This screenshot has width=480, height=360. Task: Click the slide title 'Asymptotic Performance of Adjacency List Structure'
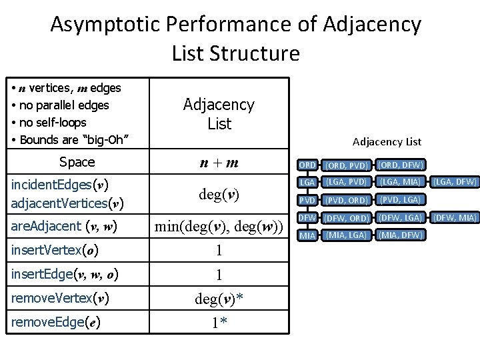coord(236,38)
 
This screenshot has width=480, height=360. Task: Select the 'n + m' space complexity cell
coord(219,163)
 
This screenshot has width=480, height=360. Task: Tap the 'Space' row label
coord(77,162)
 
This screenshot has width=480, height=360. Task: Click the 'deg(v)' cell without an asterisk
coord(219,195)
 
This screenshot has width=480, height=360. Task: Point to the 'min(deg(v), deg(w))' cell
coord(219,227)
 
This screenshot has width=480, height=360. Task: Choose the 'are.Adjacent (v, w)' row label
coord(64,227)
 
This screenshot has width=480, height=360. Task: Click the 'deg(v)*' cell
coord(219,299)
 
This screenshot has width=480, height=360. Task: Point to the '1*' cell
coord(219,323)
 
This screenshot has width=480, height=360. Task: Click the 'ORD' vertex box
coord(307,165)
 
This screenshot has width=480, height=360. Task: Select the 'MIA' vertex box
coord(307,235)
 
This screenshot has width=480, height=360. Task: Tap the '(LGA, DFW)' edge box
coord(456,182)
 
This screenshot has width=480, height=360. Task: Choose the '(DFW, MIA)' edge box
coord(456,217)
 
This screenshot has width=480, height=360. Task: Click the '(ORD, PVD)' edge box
coord(346,165)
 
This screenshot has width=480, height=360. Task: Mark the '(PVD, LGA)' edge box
coord(400,200)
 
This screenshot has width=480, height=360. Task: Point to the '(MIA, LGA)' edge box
coord(346,235)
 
